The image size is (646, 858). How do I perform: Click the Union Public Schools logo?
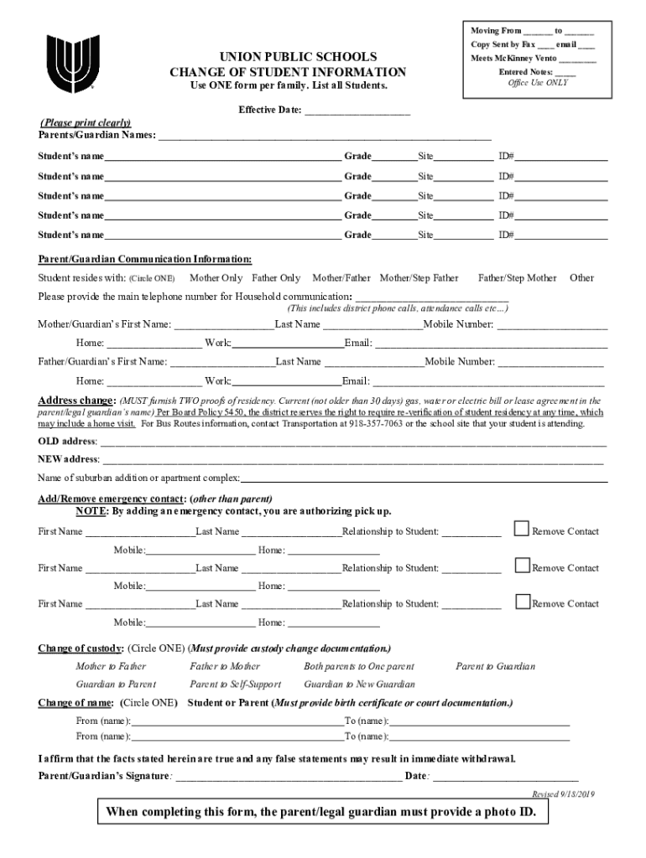65,65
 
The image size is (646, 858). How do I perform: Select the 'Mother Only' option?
216,277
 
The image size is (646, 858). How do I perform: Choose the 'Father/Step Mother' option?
517,277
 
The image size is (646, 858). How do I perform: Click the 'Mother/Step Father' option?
419,277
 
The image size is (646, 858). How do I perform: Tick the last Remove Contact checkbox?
522,602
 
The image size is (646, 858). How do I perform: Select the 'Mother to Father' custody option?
111,667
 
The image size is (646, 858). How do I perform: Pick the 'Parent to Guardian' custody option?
495,667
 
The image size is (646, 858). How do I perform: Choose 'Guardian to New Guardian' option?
359,685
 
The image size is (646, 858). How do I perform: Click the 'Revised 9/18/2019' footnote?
563,793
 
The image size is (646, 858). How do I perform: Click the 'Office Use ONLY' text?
538,83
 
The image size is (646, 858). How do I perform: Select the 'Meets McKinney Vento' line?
534,59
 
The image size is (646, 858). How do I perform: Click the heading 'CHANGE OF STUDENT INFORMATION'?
287,73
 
